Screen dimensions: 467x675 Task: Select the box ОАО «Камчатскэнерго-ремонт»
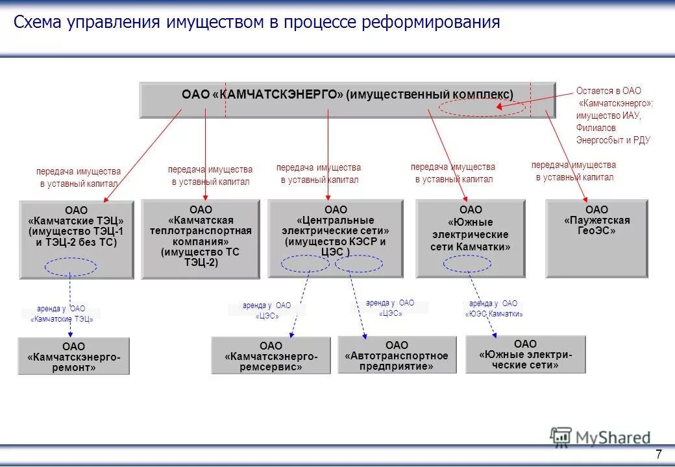pos(74,356)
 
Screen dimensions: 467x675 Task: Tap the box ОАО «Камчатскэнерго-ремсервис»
pos(271,356)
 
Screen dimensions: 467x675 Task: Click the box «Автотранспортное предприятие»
pos(397,355)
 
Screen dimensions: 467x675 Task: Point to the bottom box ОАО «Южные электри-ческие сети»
pos(525,354)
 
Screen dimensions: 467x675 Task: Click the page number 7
pos(659,454)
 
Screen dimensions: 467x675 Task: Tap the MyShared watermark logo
pos(600,437)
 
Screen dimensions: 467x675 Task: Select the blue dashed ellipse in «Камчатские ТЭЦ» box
pos(71,267)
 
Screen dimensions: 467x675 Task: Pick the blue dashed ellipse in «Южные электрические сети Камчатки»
pos(467,263)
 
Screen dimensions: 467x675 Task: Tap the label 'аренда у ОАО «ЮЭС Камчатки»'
pos(494,309)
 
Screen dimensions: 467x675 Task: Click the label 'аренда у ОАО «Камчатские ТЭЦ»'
pos(62,314)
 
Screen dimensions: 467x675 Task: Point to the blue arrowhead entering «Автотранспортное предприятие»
pos(365,336)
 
